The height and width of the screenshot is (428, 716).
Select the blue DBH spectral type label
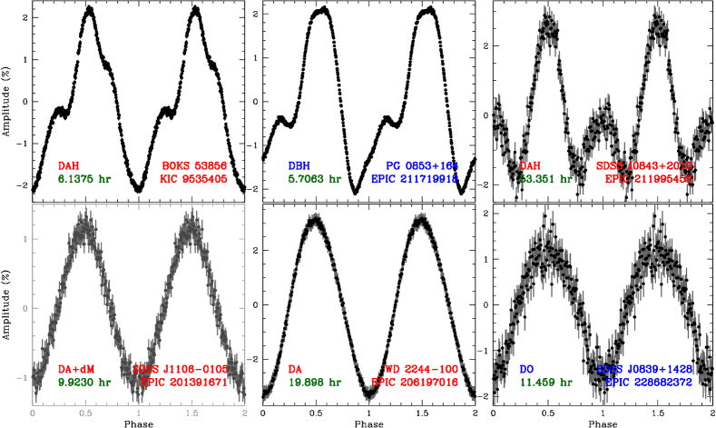(299, 166)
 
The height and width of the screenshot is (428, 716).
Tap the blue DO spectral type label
(526, 370)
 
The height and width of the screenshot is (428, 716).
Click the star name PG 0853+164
(422, 166)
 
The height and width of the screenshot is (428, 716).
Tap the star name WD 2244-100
(422, 370)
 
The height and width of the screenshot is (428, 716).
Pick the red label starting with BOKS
(194, 166)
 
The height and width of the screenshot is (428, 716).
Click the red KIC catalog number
(192, 180)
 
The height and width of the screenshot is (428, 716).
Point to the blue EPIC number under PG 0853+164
(415, 180)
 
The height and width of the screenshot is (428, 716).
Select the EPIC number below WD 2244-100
(415, 383)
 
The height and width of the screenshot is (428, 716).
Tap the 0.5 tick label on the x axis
(85, 413)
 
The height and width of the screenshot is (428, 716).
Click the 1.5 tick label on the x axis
(191, 413)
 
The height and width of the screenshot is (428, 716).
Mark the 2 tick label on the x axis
(245, 413)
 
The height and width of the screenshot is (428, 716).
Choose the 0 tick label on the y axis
(25, 308)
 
